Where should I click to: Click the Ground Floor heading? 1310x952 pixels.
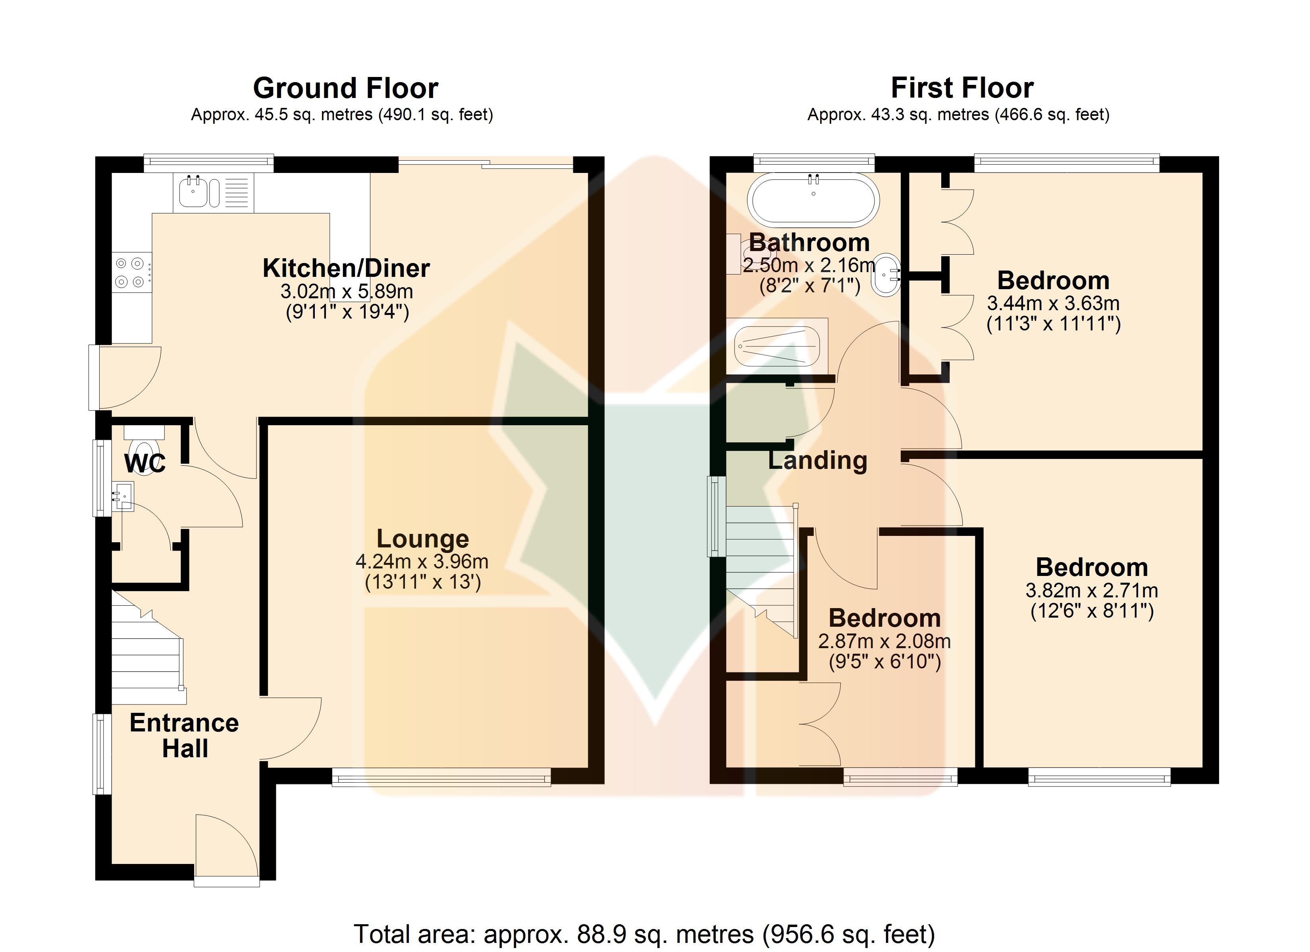pyautogui.click(x=345, y=88)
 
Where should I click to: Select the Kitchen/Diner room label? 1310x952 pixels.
pyautogui.click(x=346, y=268)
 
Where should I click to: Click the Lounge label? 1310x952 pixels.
pyautogui.click(x=423, y=539)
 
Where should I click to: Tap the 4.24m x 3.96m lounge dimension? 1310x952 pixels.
pyautogui.click(x=422, y=561)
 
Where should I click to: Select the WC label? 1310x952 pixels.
pyautogui.click(x=145, y=463)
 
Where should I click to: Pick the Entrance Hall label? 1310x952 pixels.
pyautogui.click(x=184, y=735)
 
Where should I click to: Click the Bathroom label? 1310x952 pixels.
pyautogui.click(x=809, y=242)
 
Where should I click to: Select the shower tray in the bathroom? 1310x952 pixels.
pyautogui.click(x=777, y=346)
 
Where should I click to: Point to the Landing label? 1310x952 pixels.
pyautogui.click(x=818, y=461)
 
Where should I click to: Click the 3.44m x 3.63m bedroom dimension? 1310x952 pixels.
pyautogui.click(x=1053, y=304)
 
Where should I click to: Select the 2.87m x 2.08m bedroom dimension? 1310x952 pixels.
pyautogui.click(x=884, y=641)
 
